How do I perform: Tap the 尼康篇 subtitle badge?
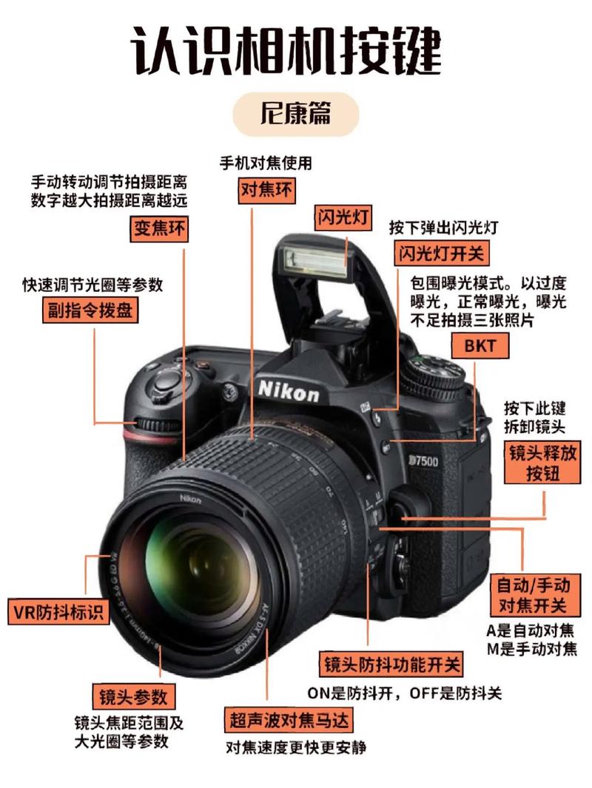click(295, 115)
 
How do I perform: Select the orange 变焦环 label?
click(158, 229)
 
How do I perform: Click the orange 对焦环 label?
click(267, 191)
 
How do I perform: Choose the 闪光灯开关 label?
click(440, 254)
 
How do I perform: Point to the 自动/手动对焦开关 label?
click(532, 596)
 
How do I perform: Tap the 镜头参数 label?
click(134, 696)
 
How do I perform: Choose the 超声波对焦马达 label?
click(288, 719)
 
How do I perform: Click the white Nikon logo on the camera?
click(289, 390)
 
